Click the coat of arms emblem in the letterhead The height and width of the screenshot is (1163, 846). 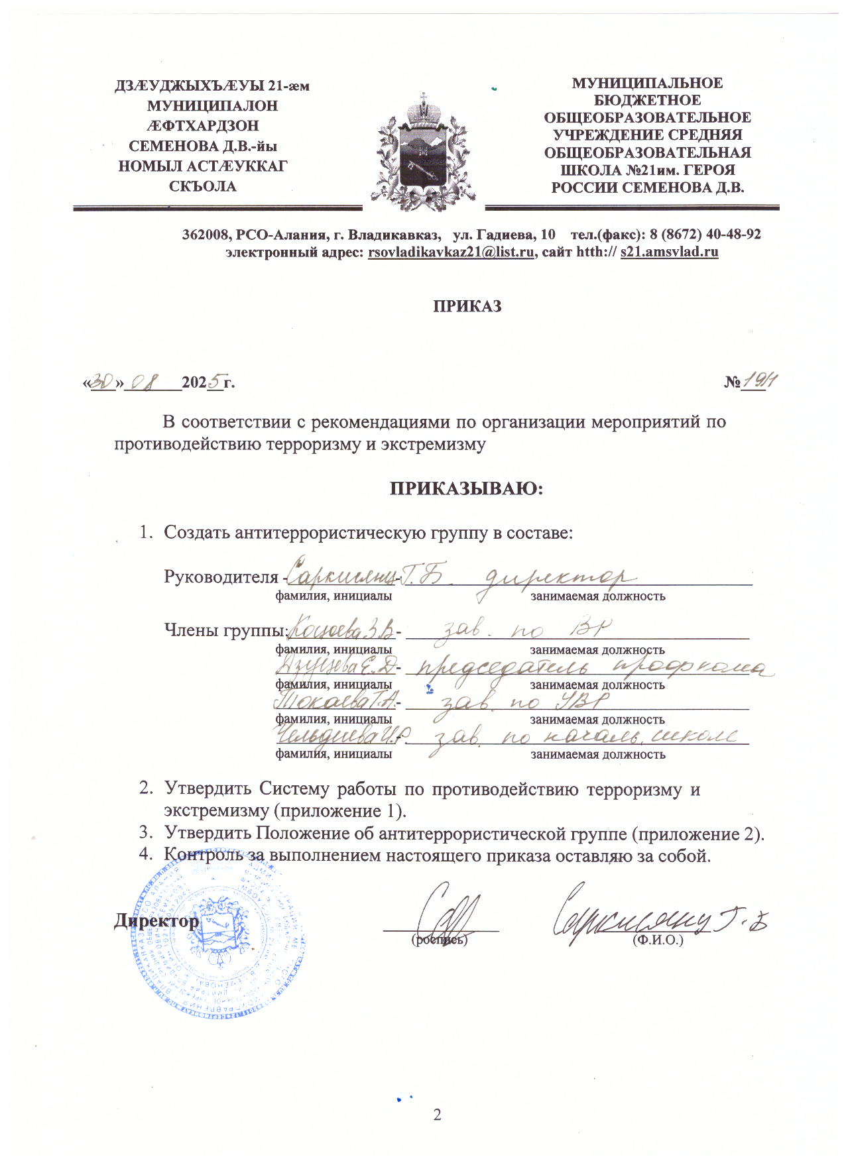point(424,152)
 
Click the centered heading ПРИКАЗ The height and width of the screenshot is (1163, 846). point(467,306)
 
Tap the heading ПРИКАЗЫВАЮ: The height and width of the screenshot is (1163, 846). point(465,489)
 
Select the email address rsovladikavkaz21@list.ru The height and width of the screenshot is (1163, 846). point(451,252)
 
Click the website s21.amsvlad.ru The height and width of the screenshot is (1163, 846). point(669,252)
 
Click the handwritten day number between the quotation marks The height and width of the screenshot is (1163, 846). point(102,382)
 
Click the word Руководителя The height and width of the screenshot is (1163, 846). point(221,577)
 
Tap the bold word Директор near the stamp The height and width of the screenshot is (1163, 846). point(156,921)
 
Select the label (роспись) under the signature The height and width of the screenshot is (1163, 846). point(439,940)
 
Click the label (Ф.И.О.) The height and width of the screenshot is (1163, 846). point(658,940)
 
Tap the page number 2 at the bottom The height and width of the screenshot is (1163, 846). point(437,1113)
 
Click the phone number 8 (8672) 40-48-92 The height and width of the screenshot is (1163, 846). point(704,235)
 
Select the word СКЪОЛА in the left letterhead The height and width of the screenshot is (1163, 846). point(203,186)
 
